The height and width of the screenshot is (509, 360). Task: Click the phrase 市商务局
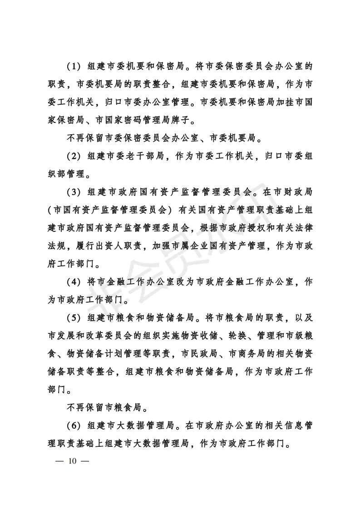pyautogui.click(x=254, y=352)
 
